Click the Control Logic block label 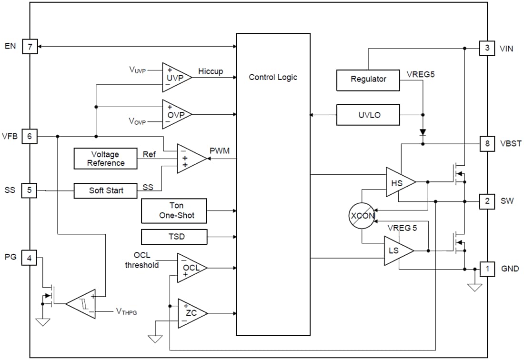point(273,77)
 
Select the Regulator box point(368,80)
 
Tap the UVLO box point(368,115)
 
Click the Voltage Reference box point(106,159)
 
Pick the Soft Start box point(106,190)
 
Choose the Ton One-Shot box point(174,211)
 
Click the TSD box point(174,237)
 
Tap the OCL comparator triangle point(190,268)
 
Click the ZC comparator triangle point(190,313)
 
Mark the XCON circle point(362,216)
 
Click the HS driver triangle point(398,182)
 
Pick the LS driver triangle point(397,250)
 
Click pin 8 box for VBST point(487,143)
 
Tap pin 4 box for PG point(30,257)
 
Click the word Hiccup point(211,71)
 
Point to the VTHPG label point(126,311)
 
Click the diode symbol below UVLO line point(423,132)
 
